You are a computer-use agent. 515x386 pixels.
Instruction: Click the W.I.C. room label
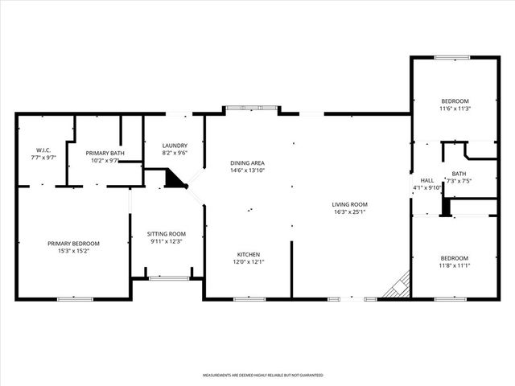43,150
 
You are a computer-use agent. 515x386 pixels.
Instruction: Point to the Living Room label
349,204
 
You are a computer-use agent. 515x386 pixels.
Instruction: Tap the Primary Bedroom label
73,244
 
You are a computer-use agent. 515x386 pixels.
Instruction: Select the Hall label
426,180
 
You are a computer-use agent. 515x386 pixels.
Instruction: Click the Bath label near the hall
459,173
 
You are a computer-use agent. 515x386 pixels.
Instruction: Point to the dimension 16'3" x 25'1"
349,212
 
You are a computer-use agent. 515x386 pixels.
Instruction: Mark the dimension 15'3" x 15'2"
73,252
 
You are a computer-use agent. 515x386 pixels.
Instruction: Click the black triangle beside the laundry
174,179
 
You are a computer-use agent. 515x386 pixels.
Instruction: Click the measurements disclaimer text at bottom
262,375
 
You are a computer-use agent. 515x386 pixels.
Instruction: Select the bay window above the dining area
253,108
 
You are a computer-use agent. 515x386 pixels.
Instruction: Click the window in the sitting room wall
168,278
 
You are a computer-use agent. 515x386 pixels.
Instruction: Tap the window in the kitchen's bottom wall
249,299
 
